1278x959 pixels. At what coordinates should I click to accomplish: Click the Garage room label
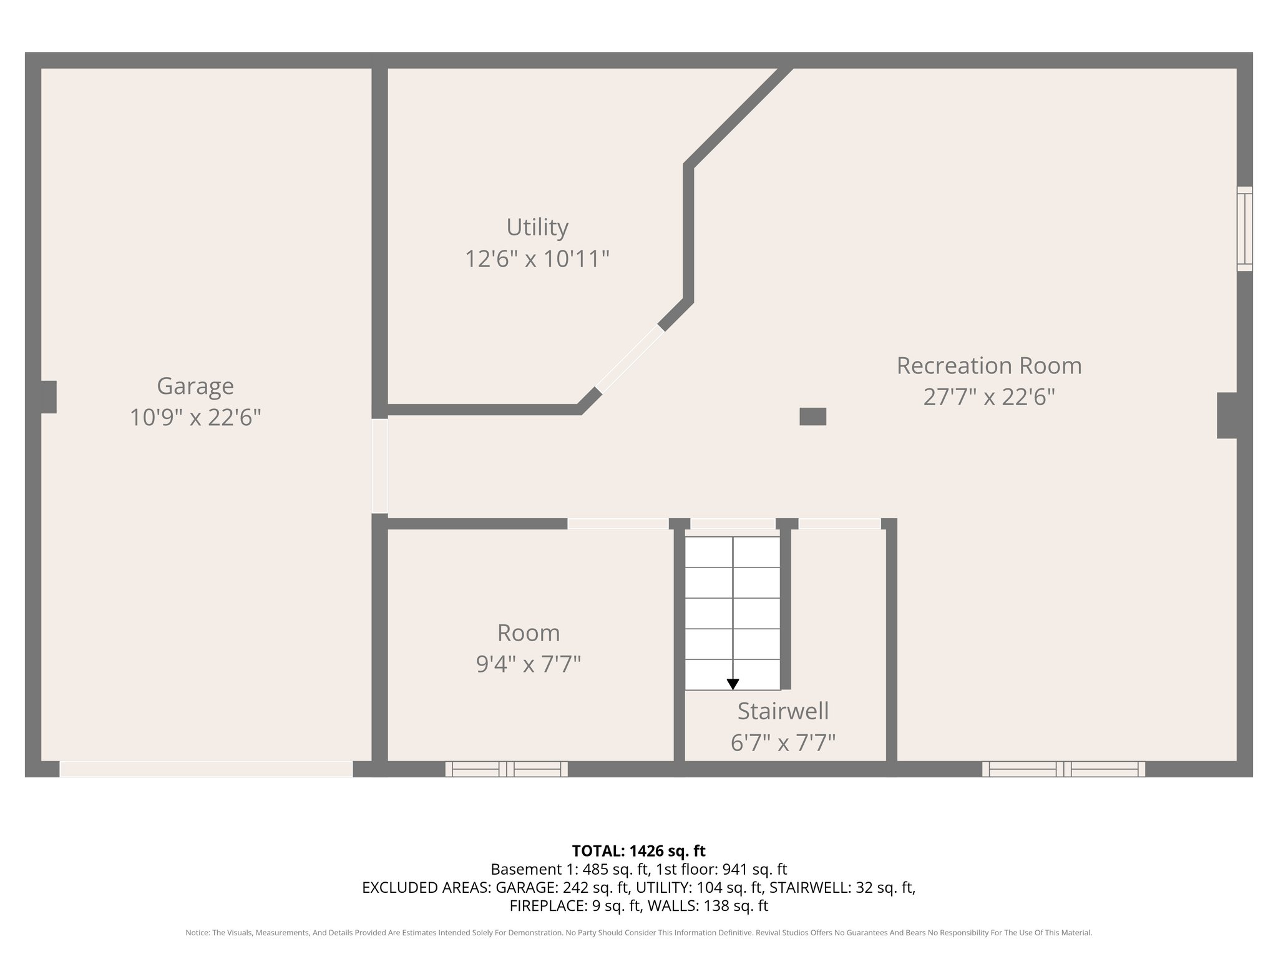[x=195, y=386]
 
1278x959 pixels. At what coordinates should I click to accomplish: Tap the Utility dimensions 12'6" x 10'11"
[x=537, y=258]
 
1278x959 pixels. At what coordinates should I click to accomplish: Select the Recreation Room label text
[x=988, y=366]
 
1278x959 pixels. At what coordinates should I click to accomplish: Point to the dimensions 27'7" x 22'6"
[x=988, y=397]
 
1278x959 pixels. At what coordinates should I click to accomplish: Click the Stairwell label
[x=783, y=711]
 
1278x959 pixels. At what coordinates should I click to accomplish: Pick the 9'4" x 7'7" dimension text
[x=528, y=664]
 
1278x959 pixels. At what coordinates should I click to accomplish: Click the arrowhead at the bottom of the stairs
[x=733, y=684]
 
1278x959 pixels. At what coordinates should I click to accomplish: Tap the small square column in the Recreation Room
[x=812, y=416]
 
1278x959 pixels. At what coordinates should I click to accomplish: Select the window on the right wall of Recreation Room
[x=1244, y=229]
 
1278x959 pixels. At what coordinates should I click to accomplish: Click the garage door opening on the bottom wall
[x=206, y=769]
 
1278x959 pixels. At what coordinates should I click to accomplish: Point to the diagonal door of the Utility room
[x=630, y=360]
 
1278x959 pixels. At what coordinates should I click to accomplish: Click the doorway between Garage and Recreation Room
[x=379, y=466]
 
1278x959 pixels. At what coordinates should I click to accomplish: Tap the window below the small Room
[x=506, y=769]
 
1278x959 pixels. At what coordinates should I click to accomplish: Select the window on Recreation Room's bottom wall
[x=1063, y=769]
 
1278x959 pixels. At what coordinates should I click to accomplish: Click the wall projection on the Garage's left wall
[x=49, y=396]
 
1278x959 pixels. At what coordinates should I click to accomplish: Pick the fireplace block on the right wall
[x=1227, y=415]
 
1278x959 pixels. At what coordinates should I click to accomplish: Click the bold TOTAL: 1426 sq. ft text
[x=638, y=851]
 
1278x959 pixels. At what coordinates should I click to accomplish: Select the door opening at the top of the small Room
[x=617, y=524]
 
